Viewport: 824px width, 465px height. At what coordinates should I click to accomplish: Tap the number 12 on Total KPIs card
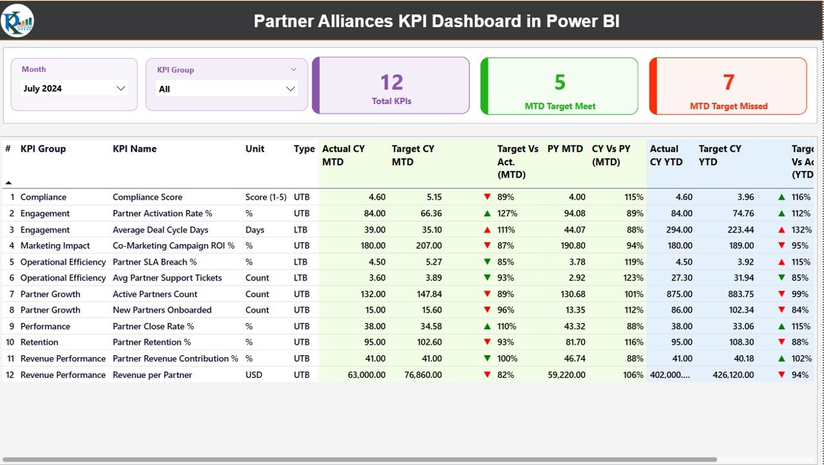[x=391, y=82]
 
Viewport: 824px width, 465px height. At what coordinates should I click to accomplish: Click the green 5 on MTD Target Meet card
[x=560, y=82]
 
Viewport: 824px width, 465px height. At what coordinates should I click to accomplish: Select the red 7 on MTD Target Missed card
[x=728, y=82]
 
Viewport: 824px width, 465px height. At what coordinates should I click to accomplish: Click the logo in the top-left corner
[x=17, y=21]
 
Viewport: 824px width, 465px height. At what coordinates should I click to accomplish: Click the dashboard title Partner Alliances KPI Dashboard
[x=437, y=21]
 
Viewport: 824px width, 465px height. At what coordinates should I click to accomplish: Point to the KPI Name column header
[x=134, y=149]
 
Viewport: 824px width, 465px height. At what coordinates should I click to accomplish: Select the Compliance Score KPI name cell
[x=147, y=197]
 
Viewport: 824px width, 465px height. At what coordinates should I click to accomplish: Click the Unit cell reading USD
[x=254, y=375]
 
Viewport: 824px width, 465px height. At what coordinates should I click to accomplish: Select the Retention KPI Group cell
[x=39, y=342]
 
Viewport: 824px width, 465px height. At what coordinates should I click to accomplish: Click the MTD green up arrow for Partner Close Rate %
[x=488, y=326]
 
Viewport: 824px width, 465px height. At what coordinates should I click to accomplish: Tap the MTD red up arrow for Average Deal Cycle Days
[x=488, y=230]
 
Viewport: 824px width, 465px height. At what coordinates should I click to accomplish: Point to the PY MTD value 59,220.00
[x=566, y=375]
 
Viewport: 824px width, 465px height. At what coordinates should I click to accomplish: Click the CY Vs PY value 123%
[x=633, y=278]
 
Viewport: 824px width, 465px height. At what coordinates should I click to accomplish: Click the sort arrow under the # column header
[x=8, y=183]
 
